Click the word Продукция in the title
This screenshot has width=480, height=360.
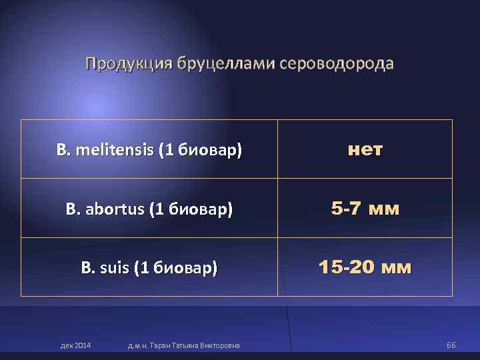127,64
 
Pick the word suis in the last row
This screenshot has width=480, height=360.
115,269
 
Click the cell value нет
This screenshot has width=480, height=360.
365,151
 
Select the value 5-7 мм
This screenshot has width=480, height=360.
365,210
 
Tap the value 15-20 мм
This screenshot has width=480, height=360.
365,269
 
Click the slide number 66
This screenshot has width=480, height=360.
451,345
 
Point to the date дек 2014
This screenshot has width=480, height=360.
76,345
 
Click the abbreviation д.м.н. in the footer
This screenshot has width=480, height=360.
137,345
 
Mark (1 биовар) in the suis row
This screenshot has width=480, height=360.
176,269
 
